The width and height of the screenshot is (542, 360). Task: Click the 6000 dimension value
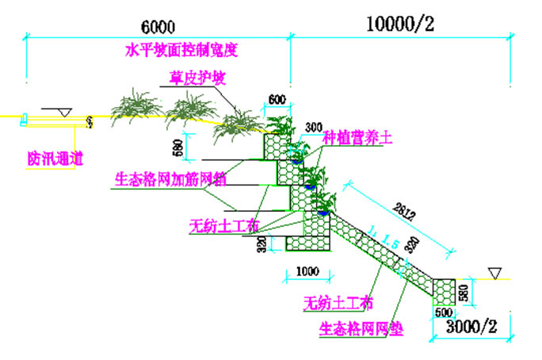159,26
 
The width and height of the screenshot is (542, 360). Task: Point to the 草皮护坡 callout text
197,79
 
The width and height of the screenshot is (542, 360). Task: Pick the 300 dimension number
312,128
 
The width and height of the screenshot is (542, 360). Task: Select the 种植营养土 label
357,137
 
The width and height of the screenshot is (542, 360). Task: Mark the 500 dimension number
444,313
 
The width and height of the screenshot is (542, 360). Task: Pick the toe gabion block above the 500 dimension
444,289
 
